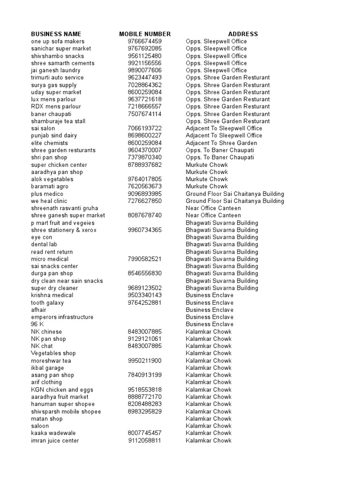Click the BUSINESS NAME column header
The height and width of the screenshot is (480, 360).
(x=56, y=34)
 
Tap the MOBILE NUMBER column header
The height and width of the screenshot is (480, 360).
(x=145, y=34)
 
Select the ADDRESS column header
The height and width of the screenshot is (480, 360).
(x=243, y=34)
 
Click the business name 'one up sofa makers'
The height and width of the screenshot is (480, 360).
(x=58, y=41)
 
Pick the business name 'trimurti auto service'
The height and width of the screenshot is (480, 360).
(x=57, y=77)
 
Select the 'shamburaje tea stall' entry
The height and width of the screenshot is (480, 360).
(x=58, y=121)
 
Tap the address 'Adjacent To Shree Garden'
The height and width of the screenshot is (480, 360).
(x=221, y=143)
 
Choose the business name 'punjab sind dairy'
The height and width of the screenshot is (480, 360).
(x=54, y=135)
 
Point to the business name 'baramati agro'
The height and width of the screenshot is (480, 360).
(x=50, y=186)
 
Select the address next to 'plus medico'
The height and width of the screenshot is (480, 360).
(x=235, y=194)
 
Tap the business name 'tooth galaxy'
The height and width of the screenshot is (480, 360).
(x=47, y=302)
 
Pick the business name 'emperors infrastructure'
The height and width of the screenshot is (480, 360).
(x=62, y=317)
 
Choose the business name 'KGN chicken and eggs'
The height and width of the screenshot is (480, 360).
(x=62, y=390)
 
